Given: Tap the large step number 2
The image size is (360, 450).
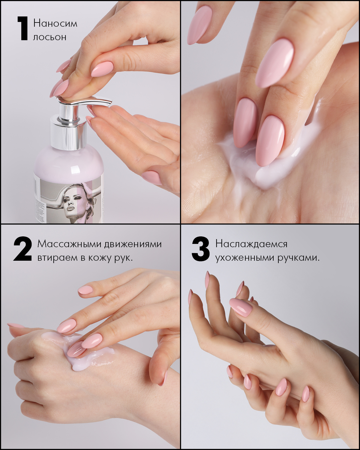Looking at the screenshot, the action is point(22,249).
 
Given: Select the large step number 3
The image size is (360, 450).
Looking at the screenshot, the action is point(201,249).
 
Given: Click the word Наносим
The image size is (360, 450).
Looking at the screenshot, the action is point(55,23).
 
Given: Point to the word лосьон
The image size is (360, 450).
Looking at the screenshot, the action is point(50,37).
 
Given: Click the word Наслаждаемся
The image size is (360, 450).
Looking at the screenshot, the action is point(251,244).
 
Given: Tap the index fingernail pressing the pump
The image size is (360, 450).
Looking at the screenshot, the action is point(102,69).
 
